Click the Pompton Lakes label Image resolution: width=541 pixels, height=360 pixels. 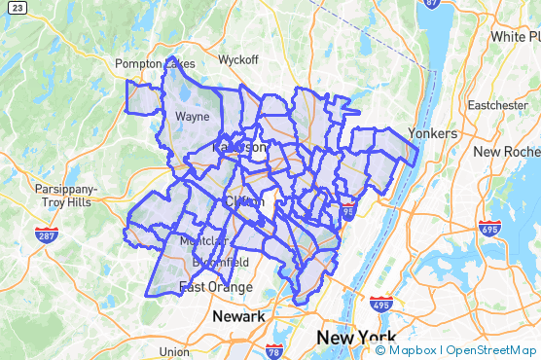pos(155,64)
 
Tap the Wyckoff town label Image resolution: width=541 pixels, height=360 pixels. pos(238,59)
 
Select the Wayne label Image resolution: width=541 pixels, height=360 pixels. pos(193,116)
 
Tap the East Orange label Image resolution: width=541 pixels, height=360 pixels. pos(215,287)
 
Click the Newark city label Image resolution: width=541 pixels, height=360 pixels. pos(238,317)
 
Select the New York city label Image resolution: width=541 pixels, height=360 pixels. pos(355,338)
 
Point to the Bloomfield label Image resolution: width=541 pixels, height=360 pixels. pos(220,263)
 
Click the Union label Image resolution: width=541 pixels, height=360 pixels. pos(174,351)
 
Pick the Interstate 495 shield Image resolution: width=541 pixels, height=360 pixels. pos(380,306)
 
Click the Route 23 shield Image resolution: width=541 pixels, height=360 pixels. pos(7,7)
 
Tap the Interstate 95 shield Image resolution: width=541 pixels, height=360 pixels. pos(347,211)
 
